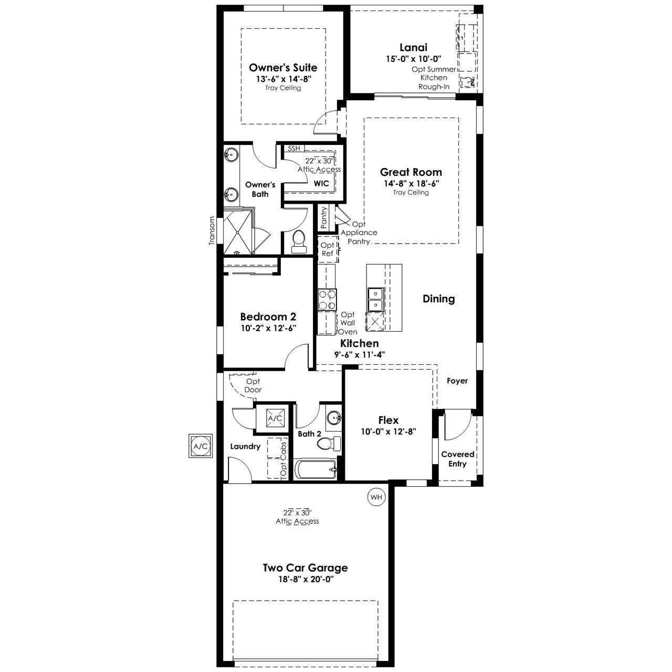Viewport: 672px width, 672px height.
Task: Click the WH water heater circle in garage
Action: click(x=376, y=497)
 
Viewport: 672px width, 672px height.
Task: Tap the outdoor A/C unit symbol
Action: click(x=201, y=446)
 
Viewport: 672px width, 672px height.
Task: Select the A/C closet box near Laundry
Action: click(x=275, y=418)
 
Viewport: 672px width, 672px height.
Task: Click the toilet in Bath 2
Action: click(x=329, y=443)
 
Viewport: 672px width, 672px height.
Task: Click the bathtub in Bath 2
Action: click(x=316, y=469)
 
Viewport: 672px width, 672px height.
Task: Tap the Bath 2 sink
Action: click(x=334, y=417)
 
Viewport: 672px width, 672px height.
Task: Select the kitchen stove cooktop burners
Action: click(x=327, y=300)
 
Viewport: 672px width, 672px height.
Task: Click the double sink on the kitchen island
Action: click(x=375, y=300)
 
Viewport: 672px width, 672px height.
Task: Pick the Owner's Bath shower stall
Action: click(x=238, y=232)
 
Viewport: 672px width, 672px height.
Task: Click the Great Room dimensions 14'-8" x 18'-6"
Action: click(x=411, y=183)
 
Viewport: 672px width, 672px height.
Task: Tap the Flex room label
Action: click(x=388, y=420)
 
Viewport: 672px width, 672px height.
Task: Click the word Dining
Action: click(x=439, y=299)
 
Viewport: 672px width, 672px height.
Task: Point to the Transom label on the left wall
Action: click(x=212, y=231)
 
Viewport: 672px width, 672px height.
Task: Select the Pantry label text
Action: click(x=323, y=217)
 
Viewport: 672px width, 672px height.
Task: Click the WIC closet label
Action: click(x=321, y=183)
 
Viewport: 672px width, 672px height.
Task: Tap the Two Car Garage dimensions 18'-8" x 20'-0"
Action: click(x=306, y=579)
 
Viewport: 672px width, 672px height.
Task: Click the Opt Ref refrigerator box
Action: click(x=328, y=249)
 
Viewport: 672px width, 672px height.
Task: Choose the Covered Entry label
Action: click(x=457, y=459)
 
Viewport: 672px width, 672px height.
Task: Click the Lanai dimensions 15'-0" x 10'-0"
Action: click(x=414, y=59)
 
